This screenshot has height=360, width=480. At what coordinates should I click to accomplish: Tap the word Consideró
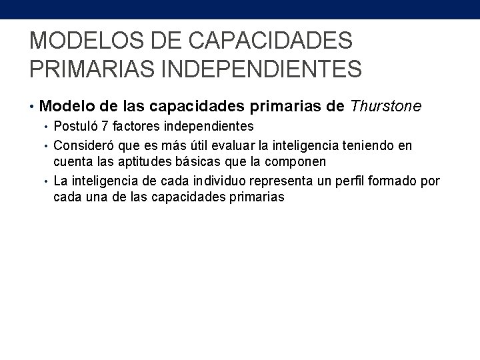click(x=81, y=145)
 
